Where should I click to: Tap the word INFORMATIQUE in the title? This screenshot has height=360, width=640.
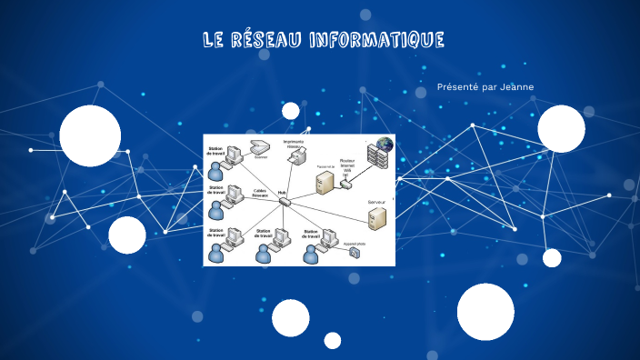376,40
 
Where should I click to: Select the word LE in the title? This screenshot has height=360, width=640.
214,40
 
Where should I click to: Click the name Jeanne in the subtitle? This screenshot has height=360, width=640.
517,87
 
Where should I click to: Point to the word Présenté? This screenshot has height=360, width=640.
458,87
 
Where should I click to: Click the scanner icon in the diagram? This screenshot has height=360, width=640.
260,147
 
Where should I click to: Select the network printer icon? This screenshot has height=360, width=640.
295,157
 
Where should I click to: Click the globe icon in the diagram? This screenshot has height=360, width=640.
385,144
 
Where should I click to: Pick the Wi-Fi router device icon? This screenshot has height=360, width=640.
345,184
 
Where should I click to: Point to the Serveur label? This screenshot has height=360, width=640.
376,201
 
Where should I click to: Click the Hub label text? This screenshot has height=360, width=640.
282,193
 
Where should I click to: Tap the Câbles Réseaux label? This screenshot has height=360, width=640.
260,193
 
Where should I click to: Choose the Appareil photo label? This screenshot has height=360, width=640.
355,244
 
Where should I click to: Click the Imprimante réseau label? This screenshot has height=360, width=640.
294,143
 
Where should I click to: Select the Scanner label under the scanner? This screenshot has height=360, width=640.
261,157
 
